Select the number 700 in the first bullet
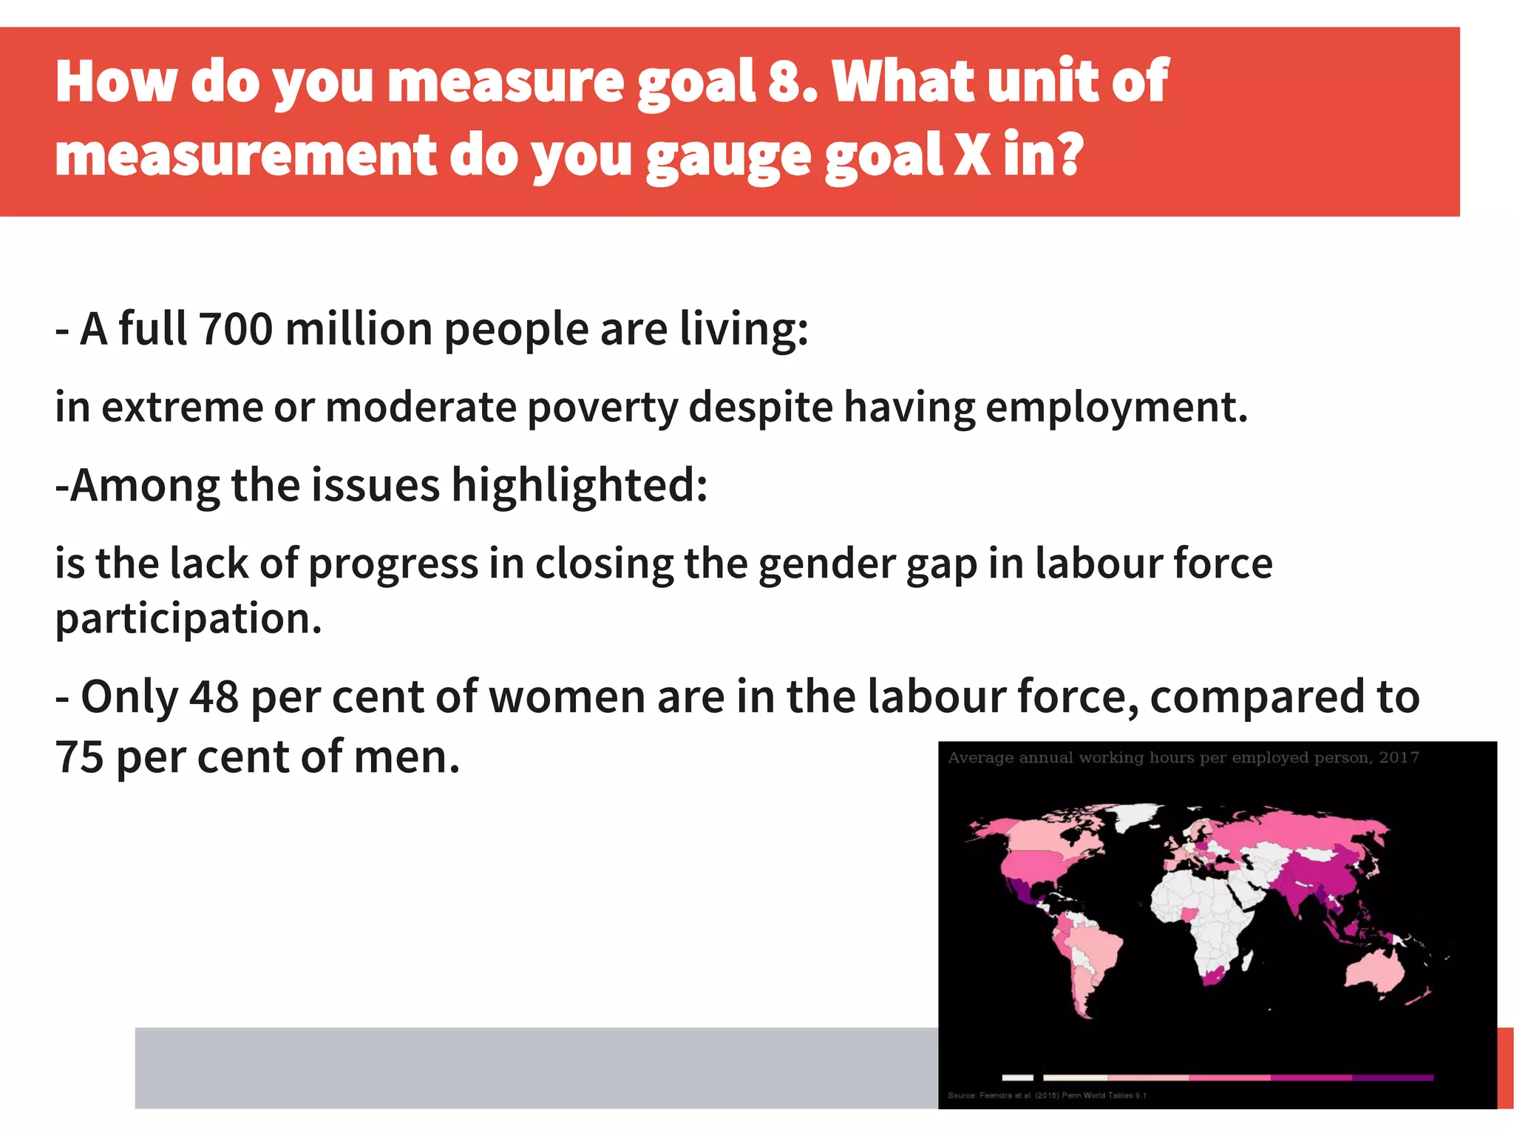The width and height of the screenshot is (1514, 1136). [x=236, y=329]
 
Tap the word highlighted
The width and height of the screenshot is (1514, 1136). [x=579, y=486]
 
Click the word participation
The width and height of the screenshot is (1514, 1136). [x=188, y=619]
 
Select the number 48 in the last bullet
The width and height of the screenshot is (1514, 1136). [x=214, y=697]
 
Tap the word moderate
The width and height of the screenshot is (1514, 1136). [x=420, y=408]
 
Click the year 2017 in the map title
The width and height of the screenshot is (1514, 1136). [x=1399, y=757]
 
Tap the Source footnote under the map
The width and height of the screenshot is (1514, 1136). [x=1047, y=1095]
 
